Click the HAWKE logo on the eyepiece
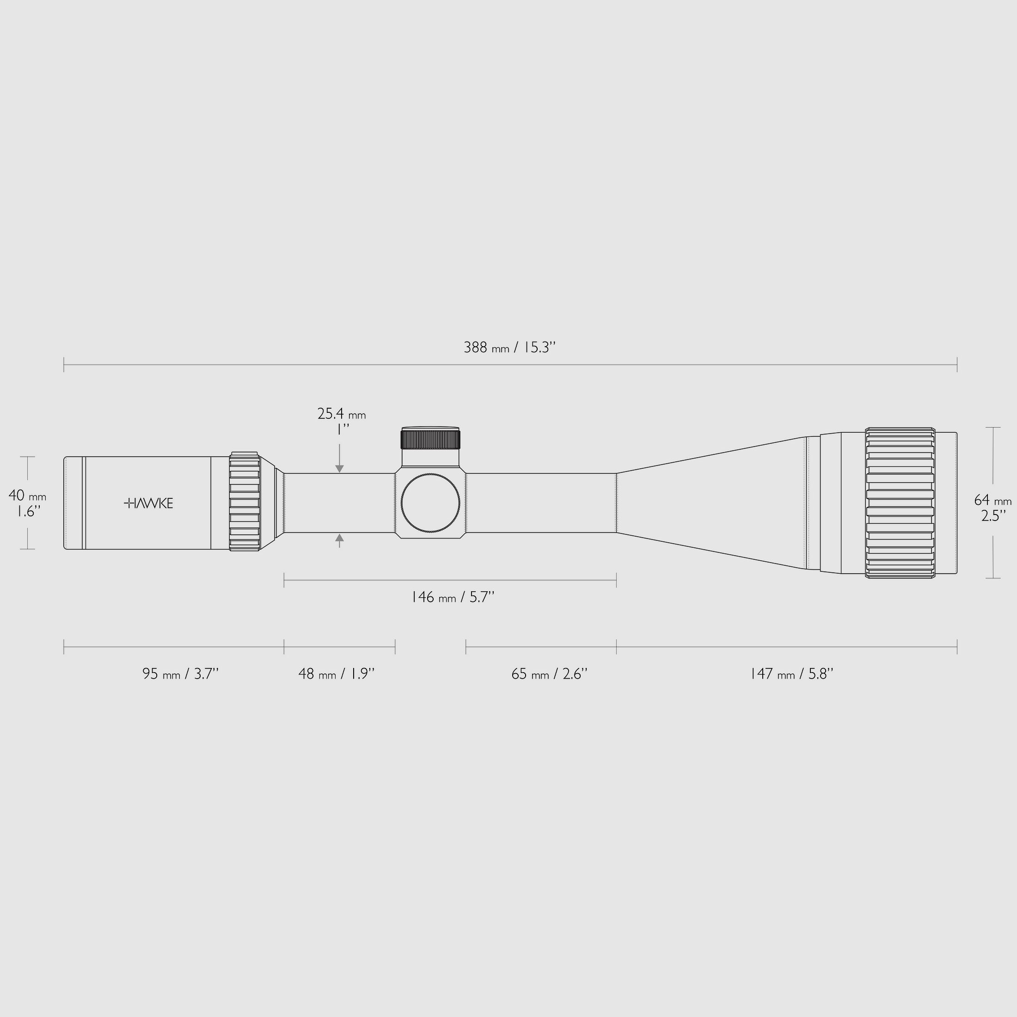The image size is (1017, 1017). coord(148,503)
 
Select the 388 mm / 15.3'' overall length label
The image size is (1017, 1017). coord(509,348)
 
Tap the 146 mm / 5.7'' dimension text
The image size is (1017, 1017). coord(452,597)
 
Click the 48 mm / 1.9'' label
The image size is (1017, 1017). coord(337,674)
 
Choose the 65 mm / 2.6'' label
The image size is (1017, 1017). coord(549,674)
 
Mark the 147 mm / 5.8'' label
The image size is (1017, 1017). coord(791,674)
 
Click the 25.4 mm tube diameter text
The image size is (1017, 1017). coord(341,414)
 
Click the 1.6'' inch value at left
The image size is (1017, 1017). coord(26,511)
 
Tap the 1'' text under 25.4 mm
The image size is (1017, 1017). coord(343,429)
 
